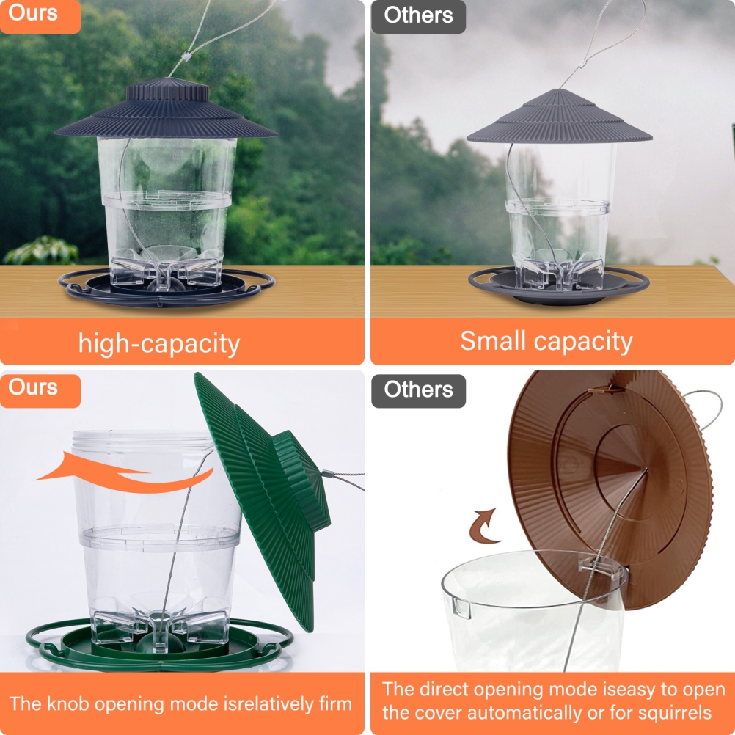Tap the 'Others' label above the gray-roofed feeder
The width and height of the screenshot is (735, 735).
point(418,15)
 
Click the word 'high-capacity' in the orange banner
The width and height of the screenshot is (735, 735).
point(159,343)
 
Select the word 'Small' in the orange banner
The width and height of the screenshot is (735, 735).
point(492,340)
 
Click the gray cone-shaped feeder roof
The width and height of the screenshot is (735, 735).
point(559,118)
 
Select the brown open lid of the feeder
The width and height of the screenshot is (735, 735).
point(610,488)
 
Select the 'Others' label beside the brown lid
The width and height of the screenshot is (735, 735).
point(418,390)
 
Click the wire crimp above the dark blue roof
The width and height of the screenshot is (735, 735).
point(186,56)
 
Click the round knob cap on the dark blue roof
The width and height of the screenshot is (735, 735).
point(168,89)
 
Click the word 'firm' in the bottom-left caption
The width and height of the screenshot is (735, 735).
point(334,703)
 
